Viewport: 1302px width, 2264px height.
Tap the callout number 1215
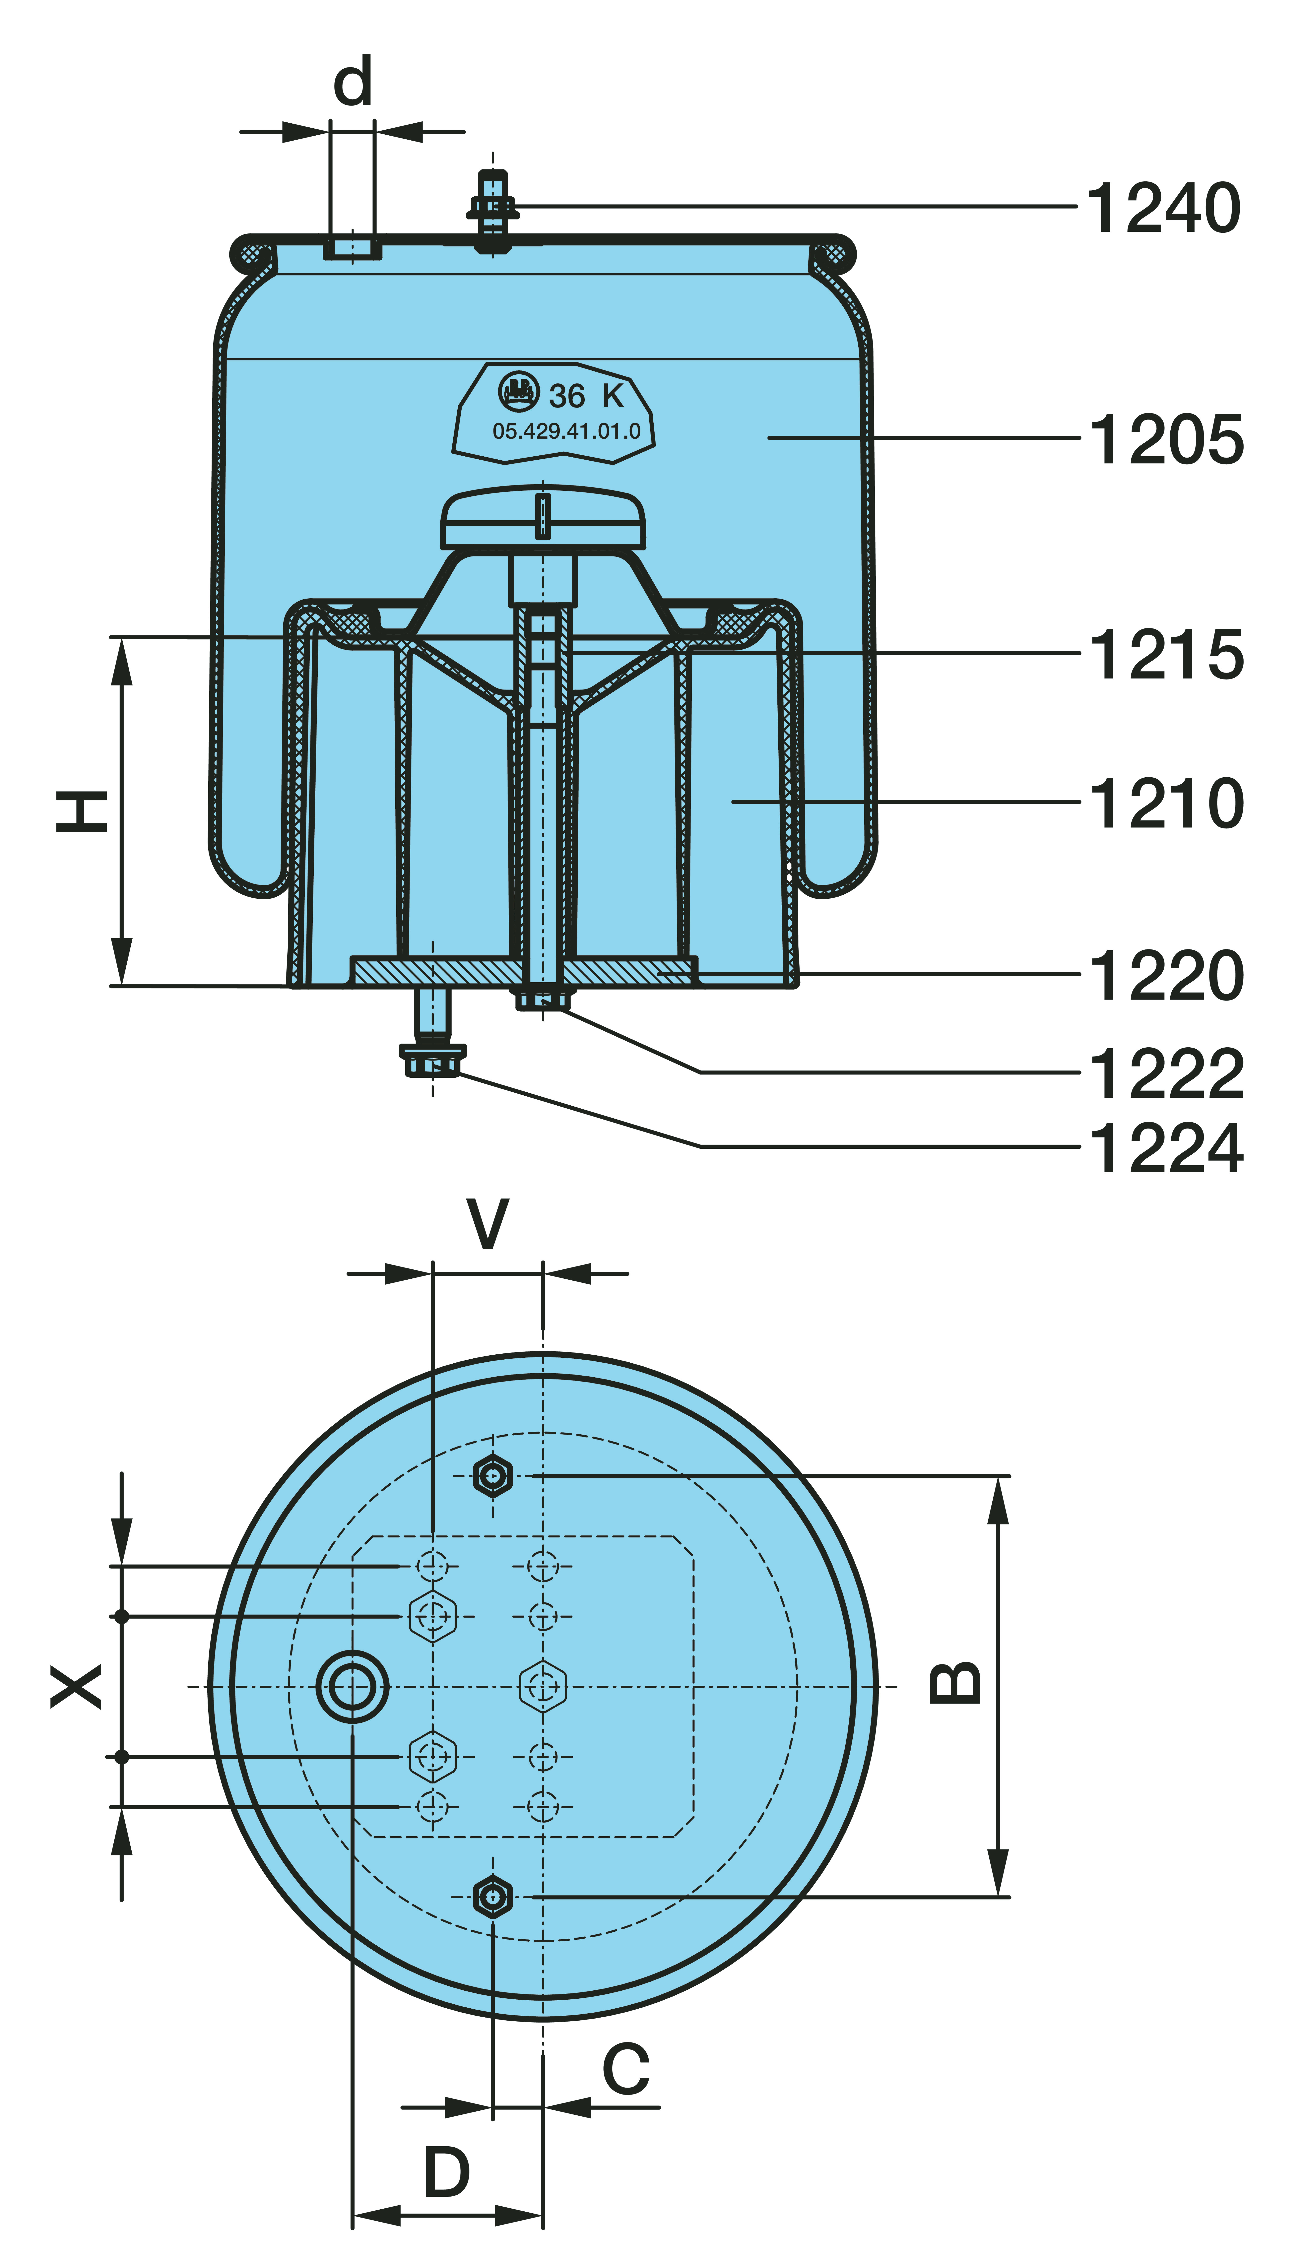coord(1166,654)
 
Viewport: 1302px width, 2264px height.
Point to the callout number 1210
coord(1166,803)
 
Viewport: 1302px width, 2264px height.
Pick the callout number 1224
coord(1166,1148)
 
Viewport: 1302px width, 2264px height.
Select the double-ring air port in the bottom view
coord(352,1686)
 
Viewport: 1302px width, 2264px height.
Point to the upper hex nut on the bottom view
coord(493,1476)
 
